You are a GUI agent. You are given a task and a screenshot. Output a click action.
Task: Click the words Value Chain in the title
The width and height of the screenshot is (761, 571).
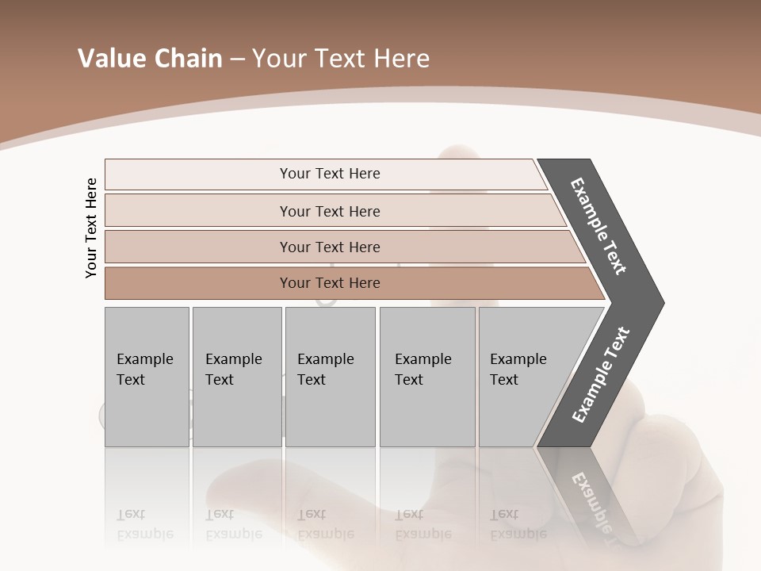pyautogui.click(x=150, y=59)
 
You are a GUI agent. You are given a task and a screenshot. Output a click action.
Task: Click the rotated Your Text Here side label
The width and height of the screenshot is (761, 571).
pyautogui.click(x=91, y=228)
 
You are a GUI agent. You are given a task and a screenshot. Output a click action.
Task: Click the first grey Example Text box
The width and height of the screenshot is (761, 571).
pyautogui.click(x=147, y=377)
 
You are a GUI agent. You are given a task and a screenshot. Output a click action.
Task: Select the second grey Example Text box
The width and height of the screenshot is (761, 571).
pyautogui.click(x=236, y=377)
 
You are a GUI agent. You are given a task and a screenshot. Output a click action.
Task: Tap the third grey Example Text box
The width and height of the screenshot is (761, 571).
pyautogui.click(x=330, y=377)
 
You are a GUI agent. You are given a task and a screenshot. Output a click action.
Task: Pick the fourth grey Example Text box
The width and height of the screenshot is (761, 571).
pyautogui.click(x=427, y=377)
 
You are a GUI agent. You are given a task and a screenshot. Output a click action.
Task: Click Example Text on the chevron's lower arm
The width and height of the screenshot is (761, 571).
pyautogui.click(x=601, y=374)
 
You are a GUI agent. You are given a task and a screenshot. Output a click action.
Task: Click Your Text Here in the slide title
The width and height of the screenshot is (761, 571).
pyautogui.click(x=341, y=59)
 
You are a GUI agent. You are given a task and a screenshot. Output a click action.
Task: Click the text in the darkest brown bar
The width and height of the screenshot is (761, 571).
pyautogui.click(x=330, y=283)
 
